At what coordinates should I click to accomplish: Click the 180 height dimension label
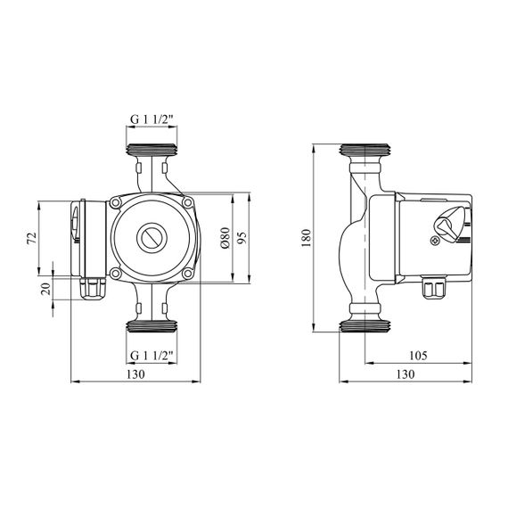coord(307,238)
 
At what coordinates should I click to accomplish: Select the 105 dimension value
coord(418,356)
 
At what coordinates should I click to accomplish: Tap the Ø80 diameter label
coord(225,237)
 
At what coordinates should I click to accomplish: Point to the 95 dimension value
coord(242,237)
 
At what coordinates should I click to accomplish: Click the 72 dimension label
coord(32,239)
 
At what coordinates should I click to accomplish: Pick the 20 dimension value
coord(46,289)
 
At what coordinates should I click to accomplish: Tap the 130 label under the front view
coord(135,374)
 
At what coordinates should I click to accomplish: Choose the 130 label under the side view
coord(406,374)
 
